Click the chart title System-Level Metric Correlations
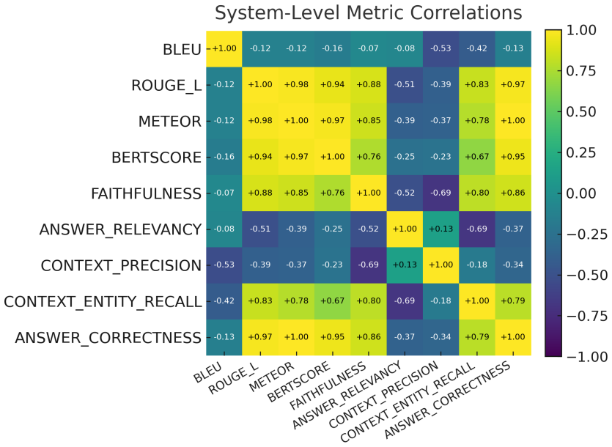click(x=368, y=13)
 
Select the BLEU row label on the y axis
click(x=182, y=50)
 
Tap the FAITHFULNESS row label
click(x=146, y=193)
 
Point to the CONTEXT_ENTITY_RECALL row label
click(x=103, y=302)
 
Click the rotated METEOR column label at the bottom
click(x=272, y=377)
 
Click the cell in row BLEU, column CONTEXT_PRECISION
click(x=440, y=49)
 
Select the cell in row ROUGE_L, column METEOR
click(x=296, y=85)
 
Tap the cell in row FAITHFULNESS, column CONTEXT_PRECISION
click(x=440, y=193)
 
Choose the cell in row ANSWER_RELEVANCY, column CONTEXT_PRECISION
click(x=440, y=229)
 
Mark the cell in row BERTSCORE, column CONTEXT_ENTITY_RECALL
click(x=477, y=157)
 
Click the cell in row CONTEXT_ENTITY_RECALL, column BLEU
click(x=224, y=301)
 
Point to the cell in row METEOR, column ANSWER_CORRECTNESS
click(x=513, y=121)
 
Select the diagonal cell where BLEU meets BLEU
click(x=224, y=49)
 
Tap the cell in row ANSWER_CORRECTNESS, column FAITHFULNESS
click(x=369, y=337)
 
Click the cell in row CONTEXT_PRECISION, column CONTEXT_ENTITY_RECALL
click(x=477, y=265)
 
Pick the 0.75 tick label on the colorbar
click(x=581, y=70)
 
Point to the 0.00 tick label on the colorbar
click(x=581, y=193)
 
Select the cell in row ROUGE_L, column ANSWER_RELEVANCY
click(x=405, y=85)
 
